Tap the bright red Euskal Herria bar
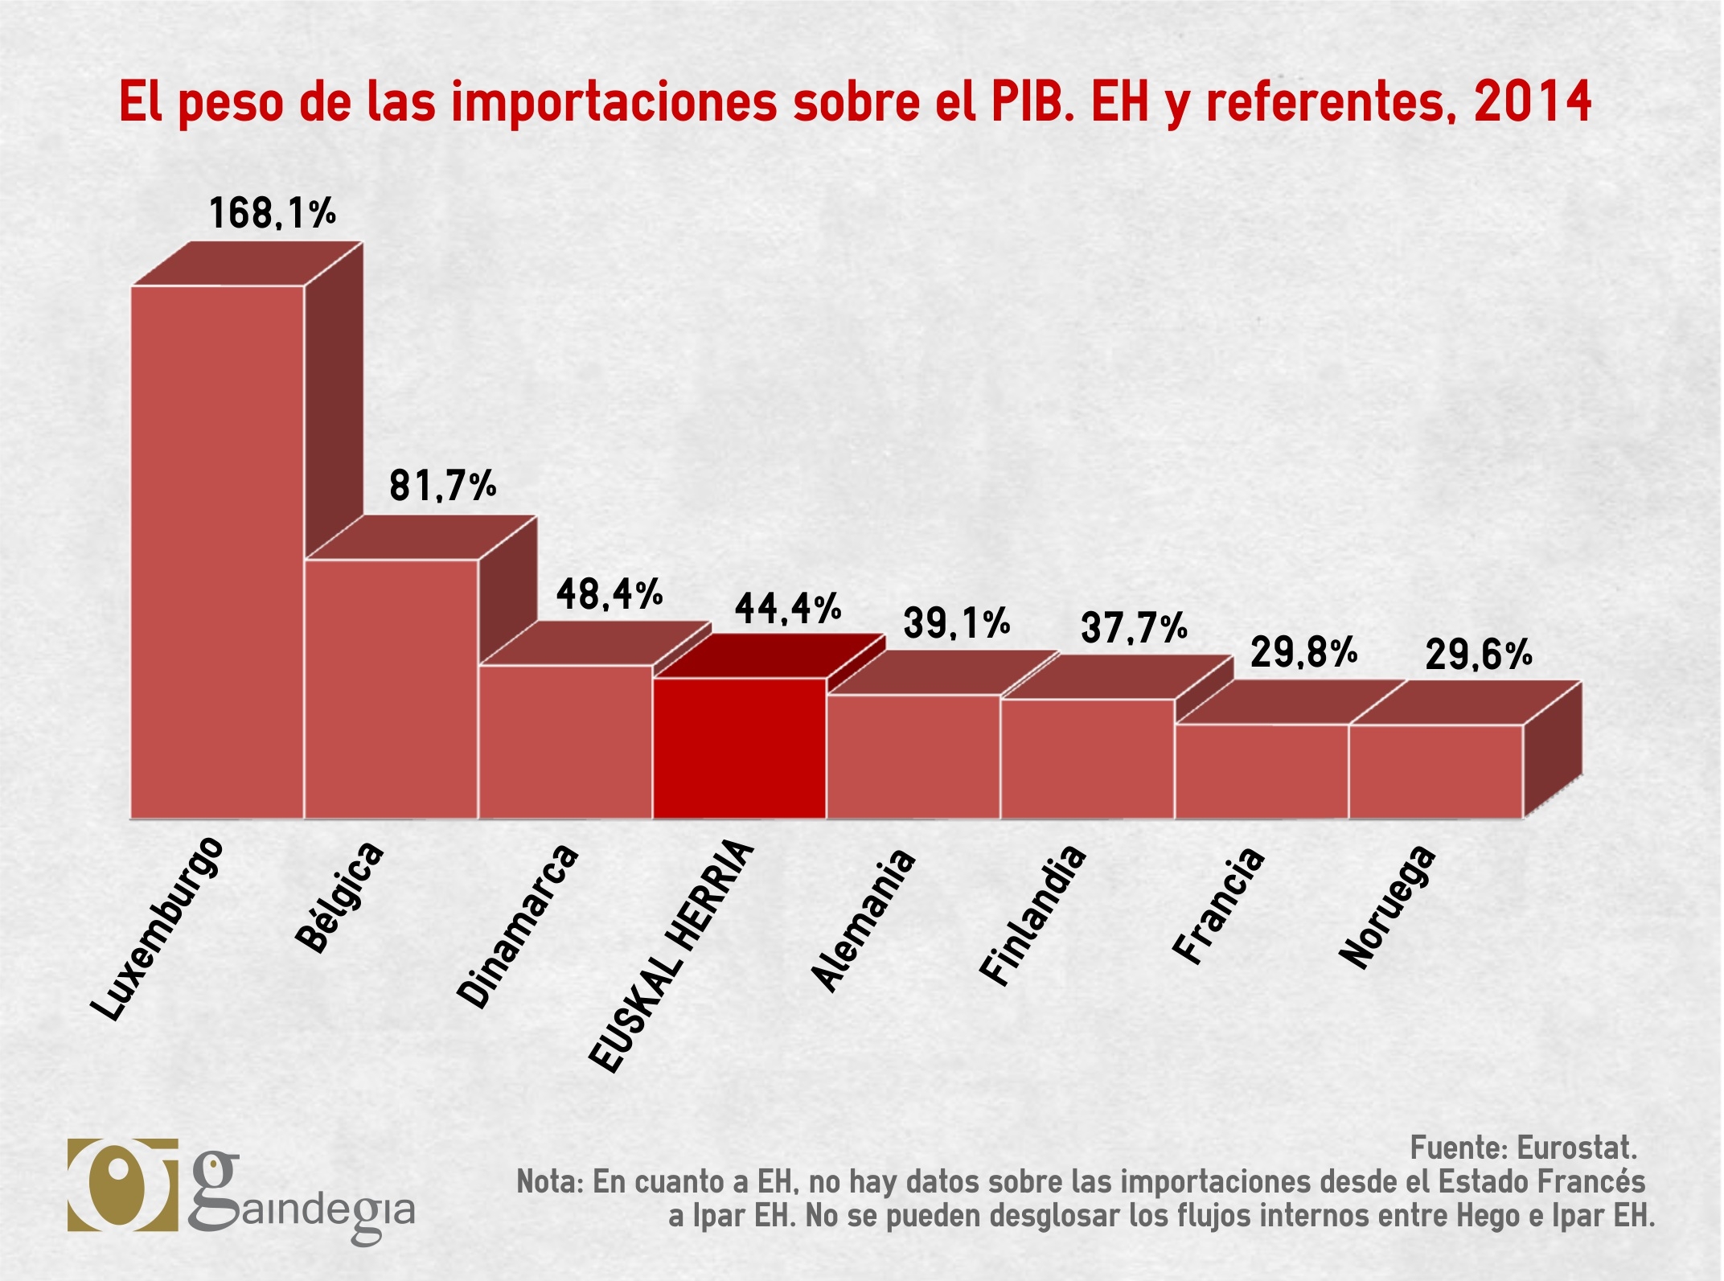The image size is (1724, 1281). (739, 748)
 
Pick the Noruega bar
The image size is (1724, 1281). (1435, 771)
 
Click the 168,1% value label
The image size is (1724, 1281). (272, 213)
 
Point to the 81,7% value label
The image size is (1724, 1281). (443, 486)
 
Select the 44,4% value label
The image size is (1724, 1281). (787, 608)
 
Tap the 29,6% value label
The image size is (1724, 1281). (1479, 655)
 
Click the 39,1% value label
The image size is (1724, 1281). (956, 623)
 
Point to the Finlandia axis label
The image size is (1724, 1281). (1032, 915)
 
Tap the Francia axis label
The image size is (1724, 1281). (1218, 905)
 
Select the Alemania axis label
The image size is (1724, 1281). (863, 919)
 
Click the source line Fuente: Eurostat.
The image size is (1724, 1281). (1523, 1148)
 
